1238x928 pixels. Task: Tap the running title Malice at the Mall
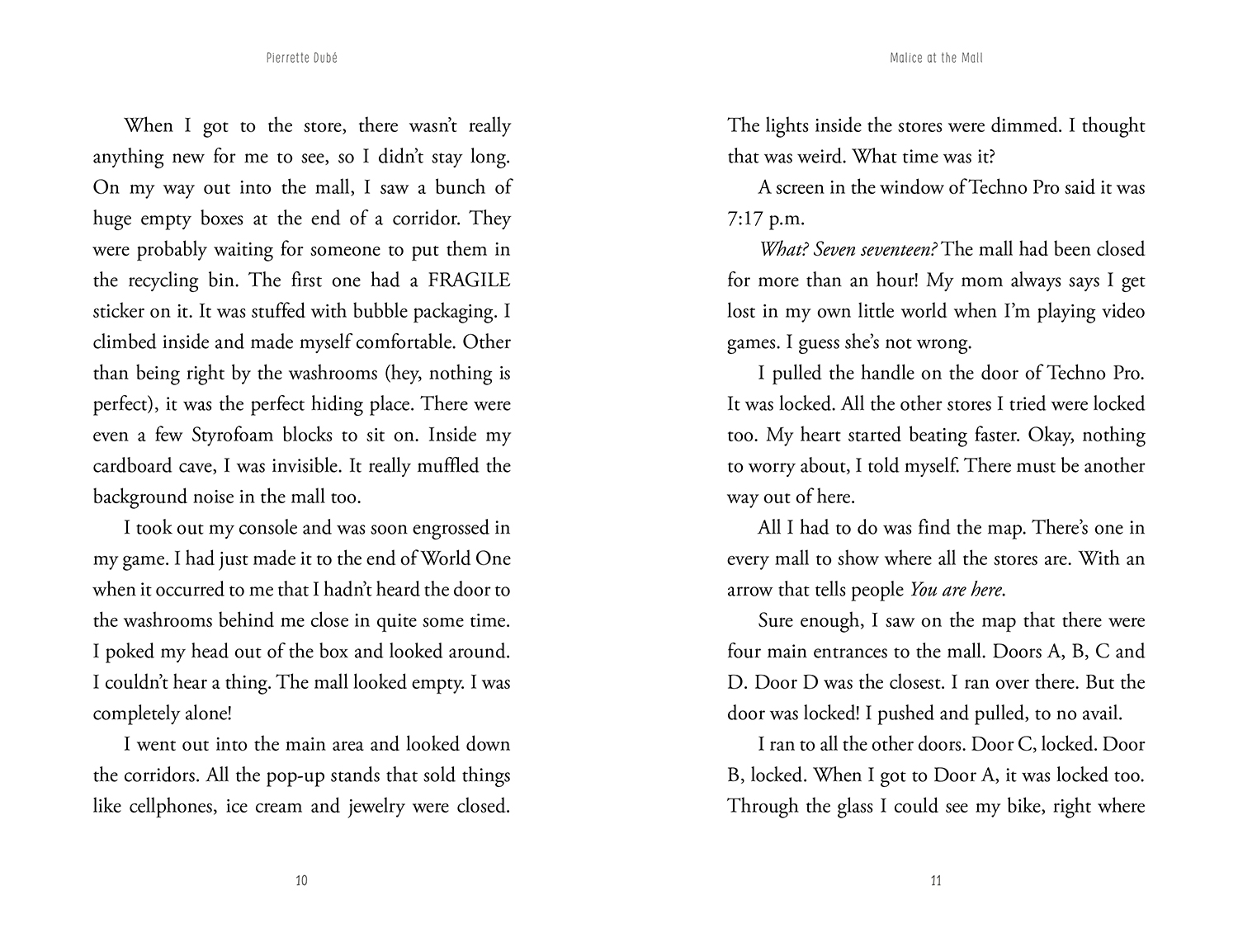936,59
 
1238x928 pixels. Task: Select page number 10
301,881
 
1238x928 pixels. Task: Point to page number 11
936,881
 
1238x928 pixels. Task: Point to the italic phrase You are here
956,590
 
